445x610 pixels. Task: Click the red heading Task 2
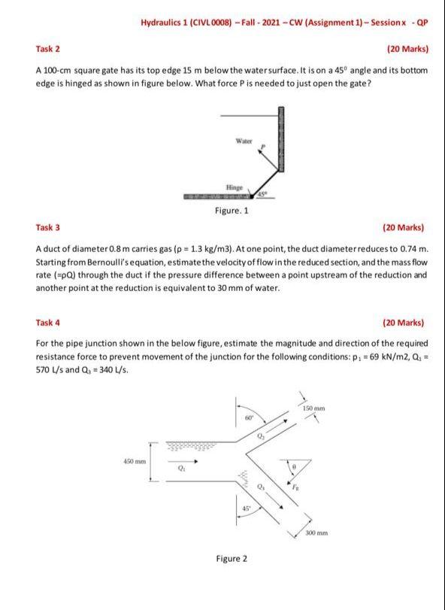click(x=48, y=49)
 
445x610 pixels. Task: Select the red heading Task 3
click(x=48, y=226)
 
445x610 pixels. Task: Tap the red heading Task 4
click(x=48, y=323)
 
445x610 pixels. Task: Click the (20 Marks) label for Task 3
click(x=404, y=226)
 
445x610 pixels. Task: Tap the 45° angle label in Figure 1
click(x=262, y=195)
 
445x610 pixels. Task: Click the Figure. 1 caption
click(x=232, y=211)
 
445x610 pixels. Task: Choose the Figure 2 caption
click(x=231, y=558)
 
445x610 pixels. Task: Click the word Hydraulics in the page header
click(x=163, y=22)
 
